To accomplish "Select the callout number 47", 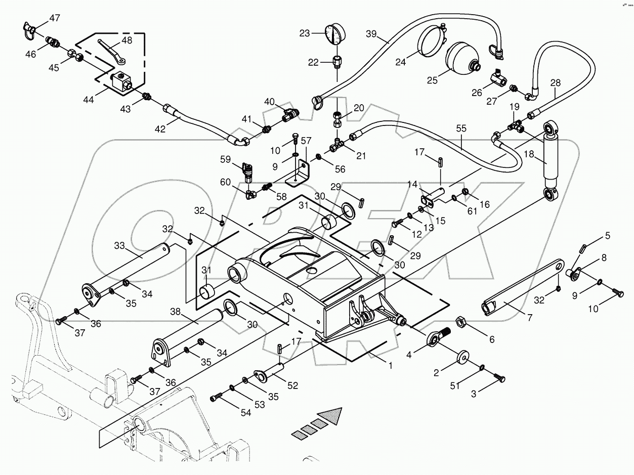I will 54,18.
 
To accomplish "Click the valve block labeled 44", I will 122,81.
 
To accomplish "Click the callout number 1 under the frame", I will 390,365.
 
